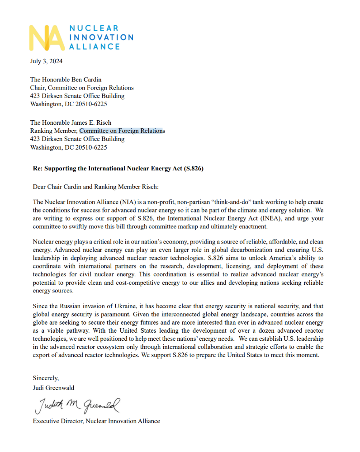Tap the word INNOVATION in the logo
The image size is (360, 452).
(x=102, y=37)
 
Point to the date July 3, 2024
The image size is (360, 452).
(x=46, y=61)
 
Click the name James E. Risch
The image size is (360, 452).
(x=89, y=122)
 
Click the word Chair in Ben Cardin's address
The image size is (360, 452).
(x=37, y=88)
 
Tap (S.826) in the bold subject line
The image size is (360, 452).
(x=194, y=169)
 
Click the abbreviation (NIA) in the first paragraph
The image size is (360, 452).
(x=112, y=202)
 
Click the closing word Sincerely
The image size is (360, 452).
(x=46, y=377)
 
